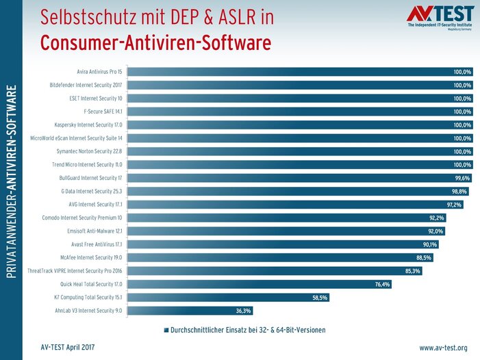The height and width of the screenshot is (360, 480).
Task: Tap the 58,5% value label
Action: click(x=320, y=298)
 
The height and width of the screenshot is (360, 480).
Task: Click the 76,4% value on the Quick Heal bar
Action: click(x=382, y=284)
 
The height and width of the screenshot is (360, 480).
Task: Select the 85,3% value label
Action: click(x=413, y=271)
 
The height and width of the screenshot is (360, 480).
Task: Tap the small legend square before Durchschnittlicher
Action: click(x=166, y=330)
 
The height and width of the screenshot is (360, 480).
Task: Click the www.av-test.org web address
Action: click(x=443, y=348)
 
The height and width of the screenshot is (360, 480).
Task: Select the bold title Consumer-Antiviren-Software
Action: click(x=155, y=42)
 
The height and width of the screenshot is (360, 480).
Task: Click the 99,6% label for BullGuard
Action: click(x=462, y=178)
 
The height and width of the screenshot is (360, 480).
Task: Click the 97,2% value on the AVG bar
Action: click(x=454, y=205)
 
